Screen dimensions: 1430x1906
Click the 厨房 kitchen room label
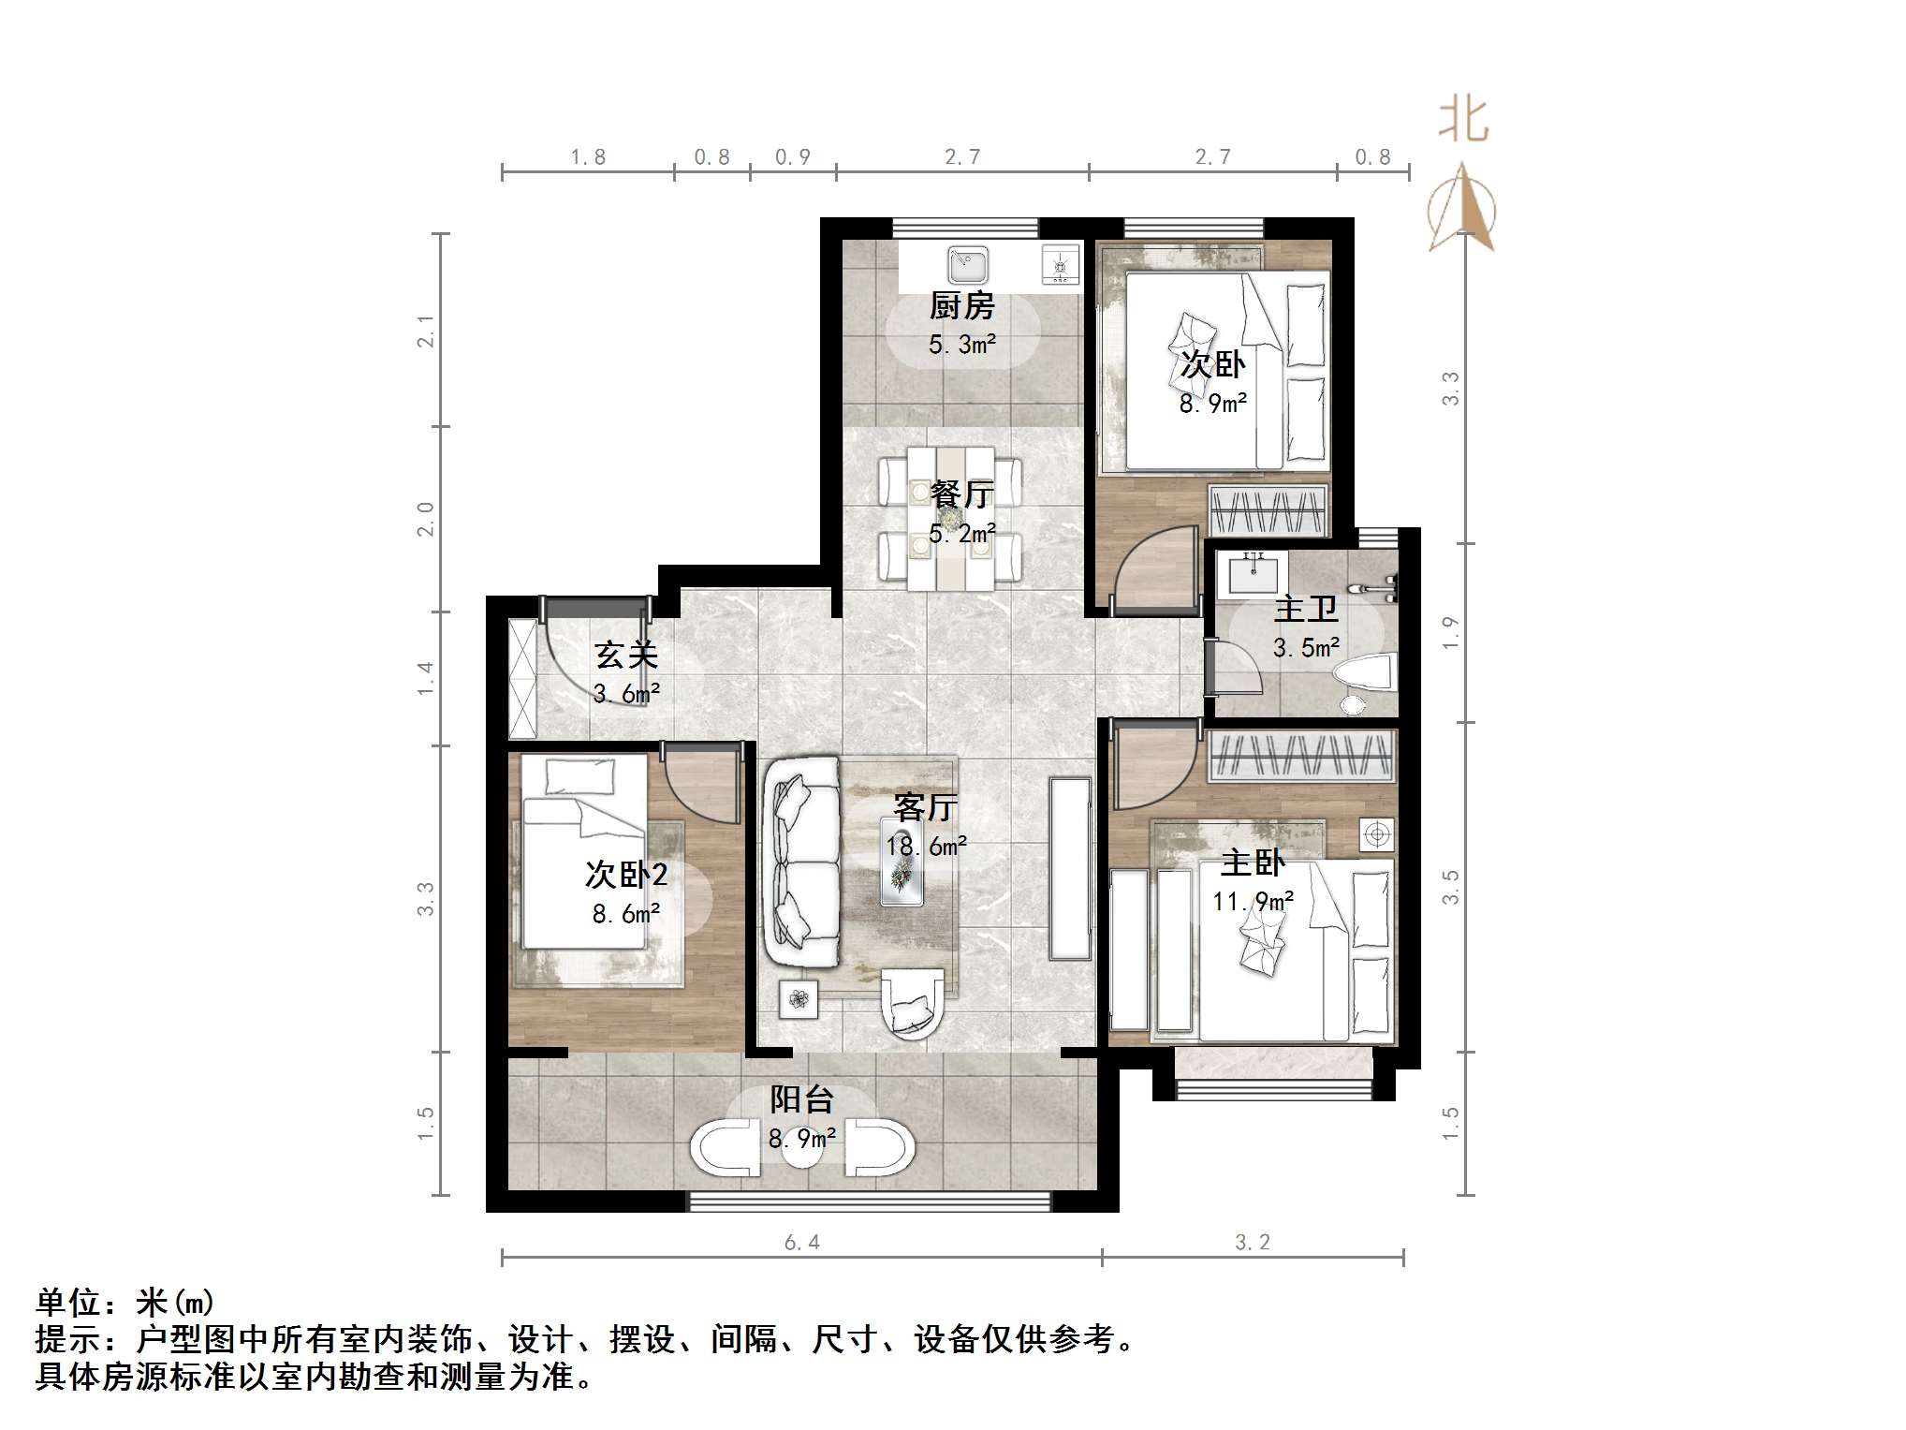click(x=961, y=306)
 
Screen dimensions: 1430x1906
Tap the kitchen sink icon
click(x=967, y=265)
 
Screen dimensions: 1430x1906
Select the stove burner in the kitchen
click(x=1061, y=266)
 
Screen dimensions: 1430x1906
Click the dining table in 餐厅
click(x=950, y=518)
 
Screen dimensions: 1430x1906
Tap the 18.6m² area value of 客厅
click(x=926, y=847)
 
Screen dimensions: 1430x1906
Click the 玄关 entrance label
click(x=626, y=655)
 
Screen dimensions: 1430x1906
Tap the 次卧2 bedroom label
click(x=626, y=875)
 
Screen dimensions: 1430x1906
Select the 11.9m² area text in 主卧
click(x=1253, y=902)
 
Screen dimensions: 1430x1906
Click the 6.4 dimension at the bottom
click(x=801, y=1243)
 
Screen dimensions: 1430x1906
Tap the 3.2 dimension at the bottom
click(x=1252, y=1243)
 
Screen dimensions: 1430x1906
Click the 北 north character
click(x=1462, y=121)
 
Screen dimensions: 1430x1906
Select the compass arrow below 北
click(x=1462, y=209)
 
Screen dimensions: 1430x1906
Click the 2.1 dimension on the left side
click(x=426, y=332)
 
